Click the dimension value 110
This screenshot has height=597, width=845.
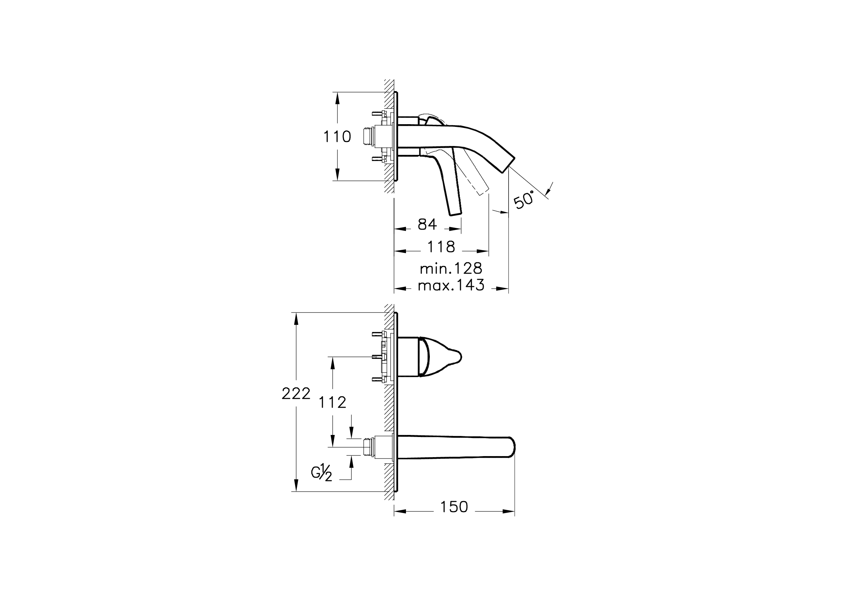tap(337, 137)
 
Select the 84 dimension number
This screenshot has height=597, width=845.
tap(427, 224)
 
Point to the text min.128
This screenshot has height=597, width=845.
tap(451, 268)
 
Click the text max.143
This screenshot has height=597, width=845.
tap(451, 285)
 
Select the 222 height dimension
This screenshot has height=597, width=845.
tap(296, 394)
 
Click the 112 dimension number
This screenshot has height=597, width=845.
tap(332, 403)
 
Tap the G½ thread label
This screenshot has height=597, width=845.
tap(322, 472)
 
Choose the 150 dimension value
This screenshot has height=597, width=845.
tap(454, 507)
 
